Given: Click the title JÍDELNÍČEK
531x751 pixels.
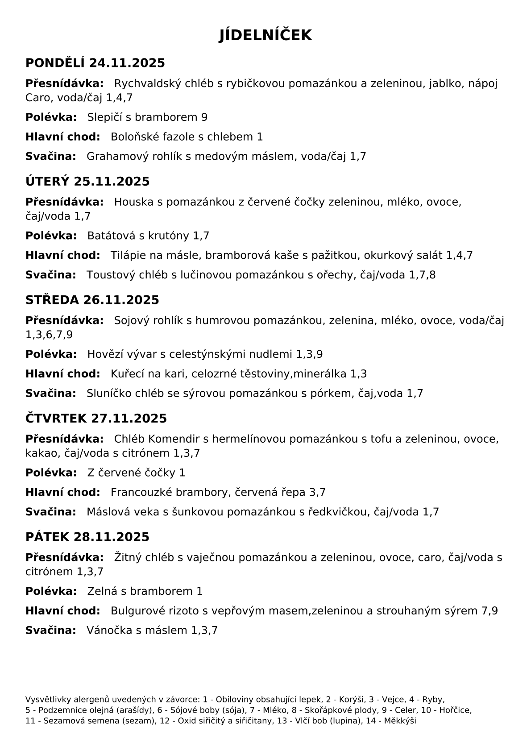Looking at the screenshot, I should [265, 35].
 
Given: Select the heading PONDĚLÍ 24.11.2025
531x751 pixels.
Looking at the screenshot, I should [95, 63].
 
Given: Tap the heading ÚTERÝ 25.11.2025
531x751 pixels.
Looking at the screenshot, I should [87, 182].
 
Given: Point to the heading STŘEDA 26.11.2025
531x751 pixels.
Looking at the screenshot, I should [92, 300].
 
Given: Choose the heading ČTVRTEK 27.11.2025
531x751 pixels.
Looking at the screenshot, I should [96, 419].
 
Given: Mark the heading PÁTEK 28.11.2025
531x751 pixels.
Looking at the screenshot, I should [87, 537].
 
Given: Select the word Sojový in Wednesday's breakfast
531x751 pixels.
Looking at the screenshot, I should [131, 320].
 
